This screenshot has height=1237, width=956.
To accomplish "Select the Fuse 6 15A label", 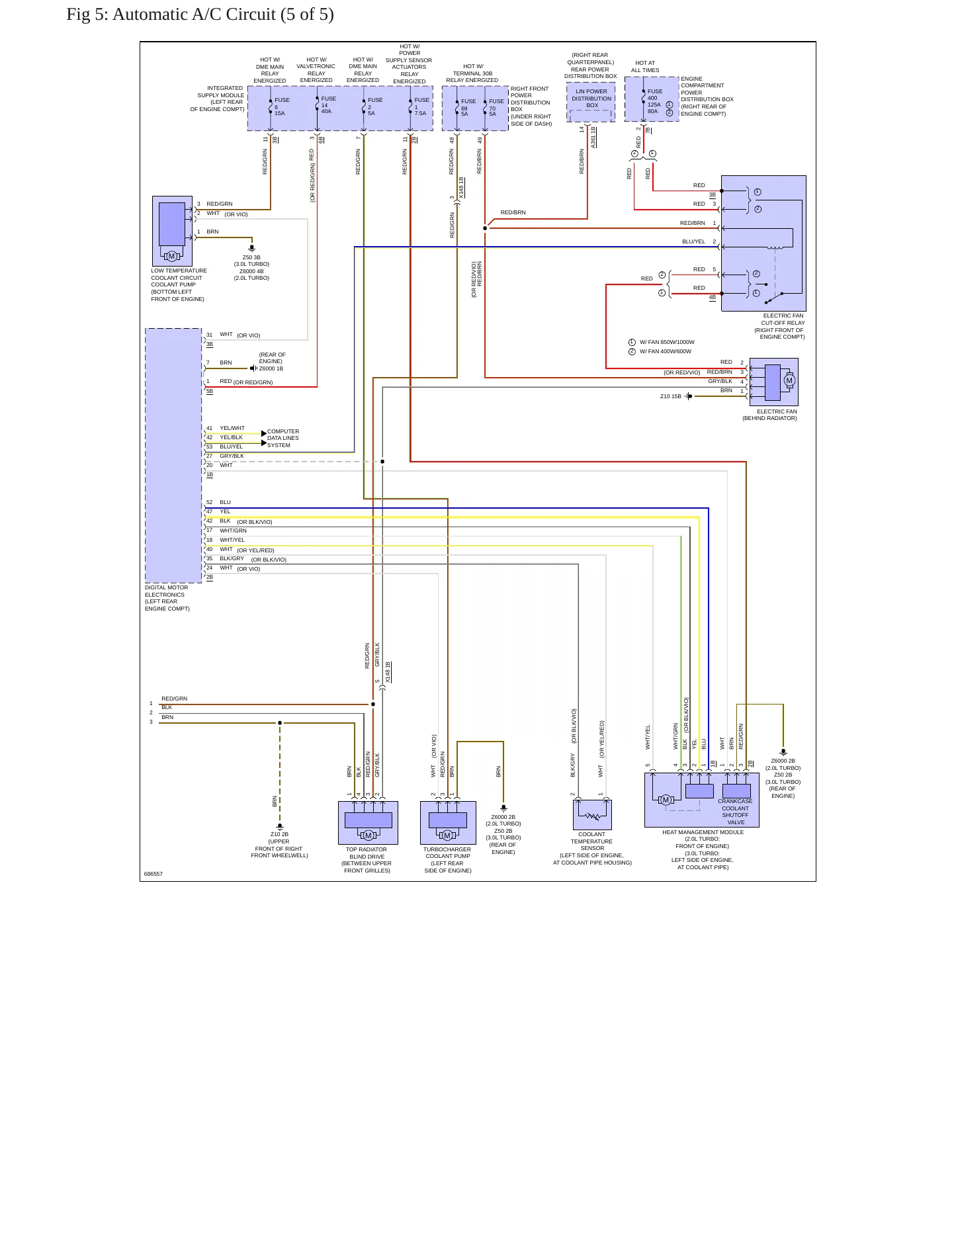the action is [x=282, y=107].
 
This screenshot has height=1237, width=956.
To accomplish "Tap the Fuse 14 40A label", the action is [x=328, y=105].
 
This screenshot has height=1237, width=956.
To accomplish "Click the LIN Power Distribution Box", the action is [x=591, y=103].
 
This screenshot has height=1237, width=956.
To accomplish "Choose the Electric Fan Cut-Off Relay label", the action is [x=783, y=326].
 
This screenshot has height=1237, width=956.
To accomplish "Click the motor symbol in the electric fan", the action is [x=789, y=380].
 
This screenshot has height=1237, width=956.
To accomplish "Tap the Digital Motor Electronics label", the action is [x=167, y=598].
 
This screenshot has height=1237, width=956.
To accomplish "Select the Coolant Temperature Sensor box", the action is [x=592, y=815].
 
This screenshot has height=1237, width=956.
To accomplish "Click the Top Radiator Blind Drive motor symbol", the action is [x=369, y=835].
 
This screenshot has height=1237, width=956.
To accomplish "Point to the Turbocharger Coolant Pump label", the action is [x=448, y=860].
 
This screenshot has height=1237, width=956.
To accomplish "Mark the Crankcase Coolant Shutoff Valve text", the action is [x=735, y=812].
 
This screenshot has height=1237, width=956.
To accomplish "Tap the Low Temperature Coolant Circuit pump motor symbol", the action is [x=171, y=257].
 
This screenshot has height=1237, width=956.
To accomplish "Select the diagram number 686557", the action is [x=153, y=874].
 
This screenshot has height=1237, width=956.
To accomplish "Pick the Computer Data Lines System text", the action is [x=283, y=438].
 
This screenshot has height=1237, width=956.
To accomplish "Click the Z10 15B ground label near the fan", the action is [x=670, y=396].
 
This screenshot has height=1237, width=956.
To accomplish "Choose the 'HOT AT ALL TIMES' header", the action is [x=645, y=67].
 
